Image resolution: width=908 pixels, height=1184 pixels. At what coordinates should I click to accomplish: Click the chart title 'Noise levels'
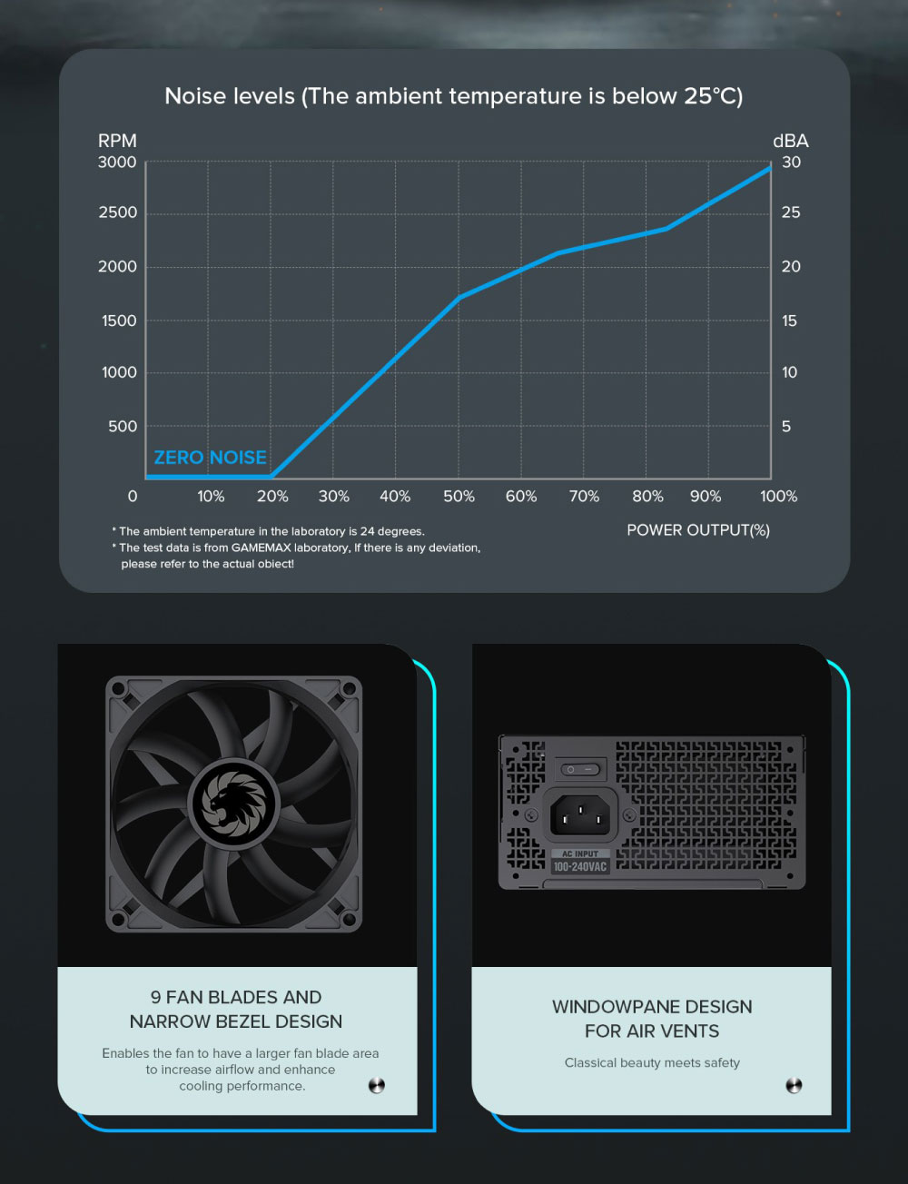point(230,96)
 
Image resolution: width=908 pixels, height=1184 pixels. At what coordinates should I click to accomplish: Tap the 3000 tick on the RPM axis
point(117,163)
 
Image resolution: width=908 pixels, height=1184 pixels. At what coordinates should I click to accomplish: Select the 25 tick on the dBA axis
point(791,212)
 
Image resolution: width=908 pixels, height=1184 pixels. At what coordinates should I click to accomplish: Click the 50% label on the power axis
point(459,497)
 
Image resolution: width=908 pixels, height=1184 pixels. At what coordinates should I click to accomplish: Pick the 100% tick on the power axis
point(778,497)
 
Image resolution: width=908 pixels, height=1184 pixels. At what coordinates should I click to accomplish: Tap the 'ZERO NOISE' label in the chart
point(210,458)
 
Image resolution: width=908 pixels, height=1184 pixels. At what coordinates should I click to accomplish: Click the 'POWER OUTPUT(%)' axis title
point(697,530)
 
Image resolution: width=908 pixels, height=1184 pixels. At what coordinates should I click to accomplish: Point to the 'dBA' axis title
point(790,141)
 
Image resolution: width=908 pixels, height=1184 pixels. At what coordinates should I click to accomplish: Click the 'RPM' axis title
point(117,141)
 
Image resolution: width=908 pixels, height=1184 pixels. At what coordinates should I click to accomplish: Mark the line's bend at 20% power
point(271,476)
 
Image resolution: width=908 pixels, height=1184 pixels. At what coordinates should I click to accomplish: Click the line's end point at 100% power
point(770,167)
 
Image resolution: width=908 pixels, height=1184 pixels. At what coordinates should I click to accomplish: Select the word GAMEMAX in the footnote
point(261,548)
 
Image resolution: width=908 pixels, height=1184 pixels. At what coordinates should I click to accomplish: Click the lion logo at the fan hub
point(234,804)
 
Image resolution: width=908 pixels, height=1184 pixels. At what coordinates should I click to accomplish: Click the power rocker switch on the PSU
point(580,769)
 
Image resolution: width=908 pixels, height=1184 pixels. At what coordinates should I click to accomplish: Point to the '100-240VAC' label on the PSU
point(579,867)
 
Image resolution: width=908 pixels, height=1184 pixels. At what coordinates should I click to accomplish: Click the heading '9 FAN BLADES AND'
point(236,997)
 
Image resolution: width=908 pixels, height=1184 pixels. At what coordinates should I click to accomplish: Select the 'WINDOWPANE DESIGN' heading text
point(652,1007)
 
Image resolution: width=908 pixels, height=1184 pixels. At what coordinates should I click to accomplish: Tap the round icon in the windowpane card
point(794,1085)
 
